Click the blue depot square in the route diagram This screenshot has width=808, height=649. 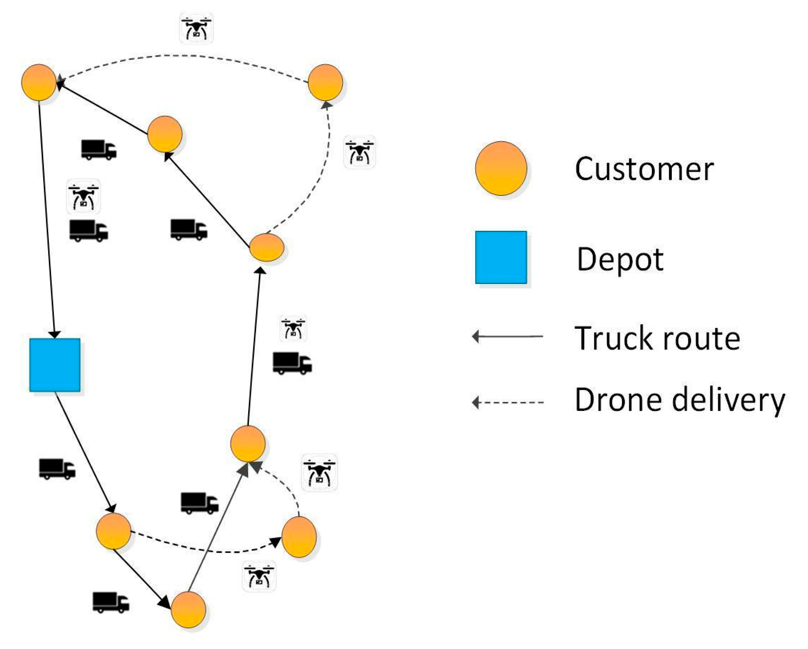point(55,365)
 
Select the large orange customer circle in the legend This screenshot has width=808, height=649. point(501,168)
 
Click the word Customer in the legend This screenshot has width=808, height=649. point(643,169)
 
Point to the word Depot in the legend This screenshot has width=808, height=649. point(620,259)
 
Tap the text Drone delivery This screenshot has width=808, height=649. point(679,400)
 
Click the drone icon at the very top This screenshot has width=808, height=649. point(196,28)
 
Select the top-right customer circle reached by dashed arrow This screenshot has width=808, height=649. point(325,82)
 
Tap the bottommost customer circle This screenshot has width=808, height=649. point(189,610)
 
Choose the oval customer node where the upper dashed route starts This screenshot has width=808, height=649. point(266,247)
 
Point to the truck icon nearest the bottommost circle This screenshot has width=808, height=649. point(111,602)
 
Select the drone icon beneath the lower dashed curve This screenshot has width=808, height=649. point(259,576)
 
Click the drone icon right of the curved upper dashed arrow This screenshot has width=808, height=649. point(359,152)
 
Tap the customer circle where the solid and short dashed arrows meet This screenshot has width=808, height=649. point(248,444)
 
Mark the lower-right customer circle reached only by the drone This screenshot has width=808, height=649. point(299,537)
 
